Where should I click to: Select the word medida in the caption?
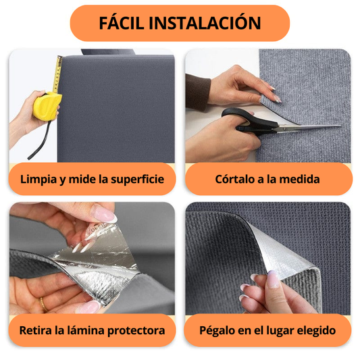click(x=301, y=180)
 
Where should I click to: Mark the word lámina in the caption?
click(x=81, y=331)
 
